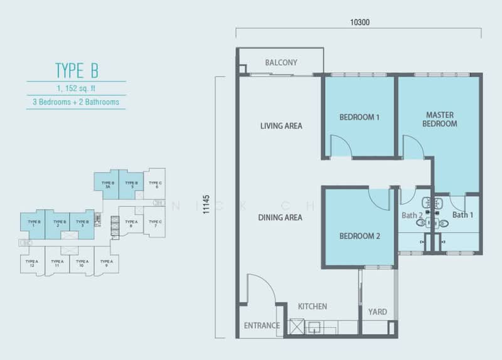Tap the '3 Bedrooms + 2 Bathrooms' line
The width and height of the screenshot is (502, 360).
pos(76,101)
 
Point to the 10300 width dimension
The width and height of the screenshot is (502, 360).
pos(360,22)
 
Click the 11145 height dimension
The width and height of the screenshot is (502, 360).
pos(208,206)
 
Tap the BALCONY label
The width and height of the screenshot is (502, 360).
pos(281,63)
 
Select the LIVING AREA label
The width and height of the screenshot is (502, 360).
pos(281,125)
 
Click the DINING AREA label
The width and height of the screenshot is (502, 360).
pos(280,218)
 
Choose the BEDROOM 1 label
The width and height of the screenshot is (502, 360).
pos(360,117)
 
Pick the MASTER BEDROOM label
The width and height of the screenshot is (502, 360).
pos(440,119)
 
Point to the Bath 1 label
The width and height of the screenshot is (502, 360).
pos(462,215)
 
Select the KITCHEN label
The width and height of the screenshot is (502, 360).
pos(312,307)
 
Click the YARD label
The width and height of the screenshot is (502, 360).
pos(377,312)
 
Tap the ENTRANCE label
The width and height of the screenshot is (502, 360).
pos(262,326)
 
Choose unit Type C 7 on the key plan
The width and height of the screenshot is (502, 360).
pos(155,223)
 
